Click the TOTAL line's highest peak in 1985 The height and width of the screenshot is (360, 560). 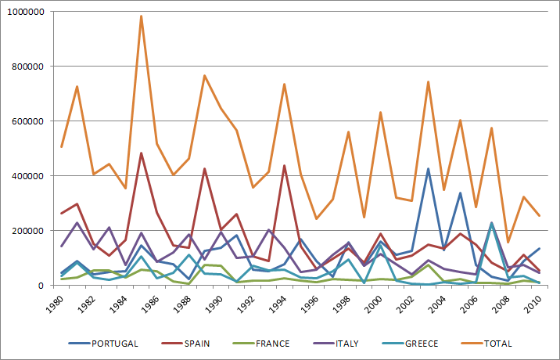[141, 16]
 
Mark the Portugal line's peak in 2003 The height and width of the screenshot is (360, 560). [428, 168]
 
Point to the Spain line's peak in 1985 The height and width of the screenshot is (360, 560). [141, 153]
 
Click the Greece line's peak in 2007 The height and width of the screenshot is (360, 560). [491, 223]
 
